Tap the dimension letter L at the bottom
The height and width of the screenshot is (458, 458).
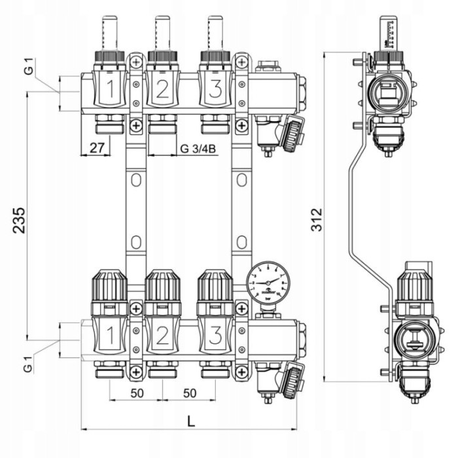click(x=190, y=421)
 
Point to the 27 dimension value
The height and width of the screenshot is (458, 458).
click(x=97, y=148)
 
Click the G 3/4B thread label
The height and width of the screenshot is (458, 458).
click(x=198, y=149)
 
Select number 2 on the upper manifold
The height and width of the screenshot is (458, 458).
click(x=162, y=90)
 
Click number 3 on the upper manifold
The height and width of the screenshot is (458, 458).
click(x=213, y=90)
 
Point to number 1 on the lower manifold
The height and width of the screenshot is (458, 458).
click(x=111, y=336)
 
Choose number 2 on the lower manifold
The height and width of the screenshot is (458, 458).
click(x=162, y=336)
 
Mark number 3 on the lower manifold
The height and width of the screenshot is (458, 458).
click(x=213, y=336)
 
